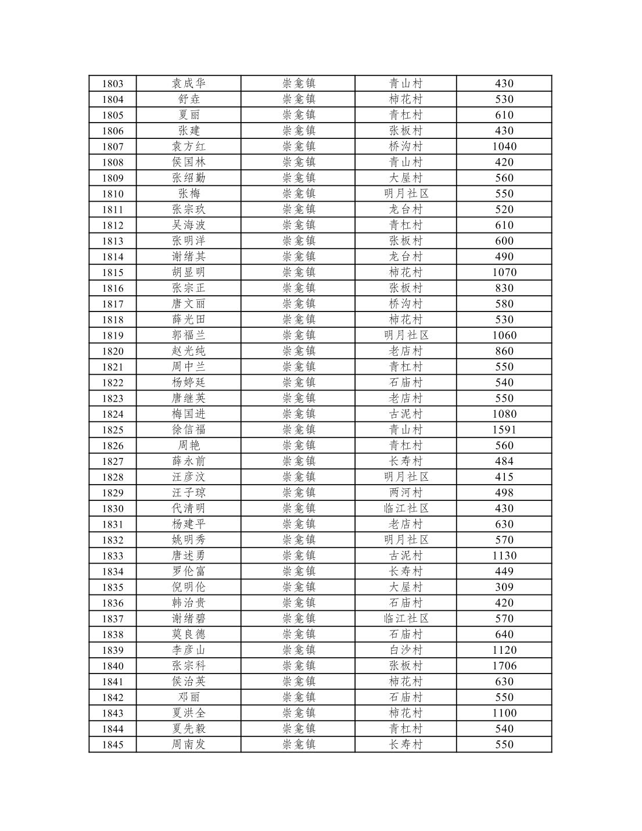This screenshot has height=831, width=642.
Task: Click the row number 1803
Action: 113,84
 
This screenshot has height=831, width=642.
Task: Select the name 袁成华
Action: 189,84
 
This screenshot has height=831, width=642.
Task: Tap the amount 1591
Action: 504,430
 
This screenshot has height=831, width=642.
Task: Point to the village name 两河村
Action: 406,493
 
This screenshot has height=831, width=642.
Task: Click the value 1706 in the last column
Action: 504,666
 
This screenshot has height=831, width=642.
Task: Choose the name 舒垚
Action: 189,99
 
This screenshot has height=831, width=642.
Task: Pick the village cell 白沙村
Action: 406,650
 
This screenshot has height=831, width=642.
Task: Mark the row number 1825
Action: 113,430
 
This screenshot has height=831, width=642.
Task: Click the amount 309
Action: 504,587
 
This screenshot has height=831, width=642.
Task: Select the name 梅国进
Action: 189,414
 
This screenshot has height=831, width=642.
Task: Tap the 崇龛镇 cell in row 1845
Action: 299,744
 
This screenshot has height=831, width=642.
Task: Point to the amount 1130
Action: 504,556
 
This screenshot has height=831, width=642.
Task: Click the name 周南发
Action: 189,744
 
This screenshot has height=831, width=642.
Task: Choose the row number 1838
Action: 113,635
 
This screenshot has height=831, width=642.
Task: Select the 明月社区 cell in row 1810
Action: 406,194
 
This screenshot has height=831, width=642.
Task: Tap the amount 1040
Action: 504,146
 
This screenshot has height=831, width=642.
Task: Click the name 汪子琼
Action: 189,493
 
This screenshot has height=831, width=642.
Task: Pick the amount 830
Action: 504,288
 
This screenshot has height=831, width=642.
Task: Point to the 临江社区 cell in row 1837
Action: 406,619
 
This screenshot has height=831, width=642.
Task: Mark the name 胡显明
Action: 189,273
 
